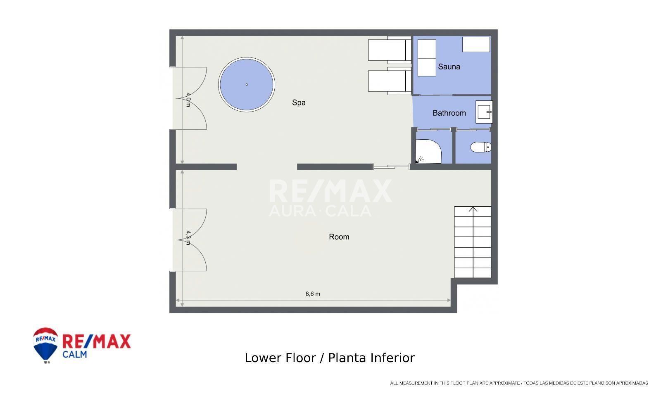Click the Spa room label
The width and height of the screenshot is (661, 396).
299,103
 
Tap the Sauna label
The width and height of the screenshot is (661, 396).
449,67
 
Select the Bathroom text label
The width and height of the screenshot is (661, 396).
449,113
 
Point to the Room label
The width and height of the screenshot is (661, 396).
339,237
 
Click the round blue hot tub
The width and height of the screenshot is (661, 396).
247,84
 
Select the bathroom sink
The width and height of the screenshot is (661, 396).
484,112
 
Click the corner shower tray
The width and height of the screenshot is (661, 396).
428,151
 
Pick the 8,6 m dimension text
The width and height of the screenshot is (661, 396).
313,294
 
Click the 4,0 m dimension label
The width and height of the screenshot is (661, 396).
188,100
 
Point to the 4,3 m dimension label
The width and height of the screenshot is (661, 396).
188,238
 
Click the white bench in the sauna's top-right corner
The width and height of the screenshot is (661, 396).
476,44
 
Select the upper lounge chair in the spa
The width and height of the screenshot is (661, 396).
390,50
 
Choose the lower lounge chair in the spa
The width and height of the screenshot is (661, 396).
390,81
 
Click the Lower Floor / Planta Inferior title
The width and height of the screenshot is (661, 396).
330,358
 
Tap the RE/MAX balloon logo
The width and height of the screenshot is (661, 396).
45,345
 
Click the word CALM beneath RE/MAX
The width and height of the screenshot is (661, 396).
75,354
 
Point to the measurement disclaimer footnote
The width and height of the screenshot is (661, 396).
519,383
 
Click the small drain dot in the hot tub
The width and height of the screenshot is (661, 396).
247,84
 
